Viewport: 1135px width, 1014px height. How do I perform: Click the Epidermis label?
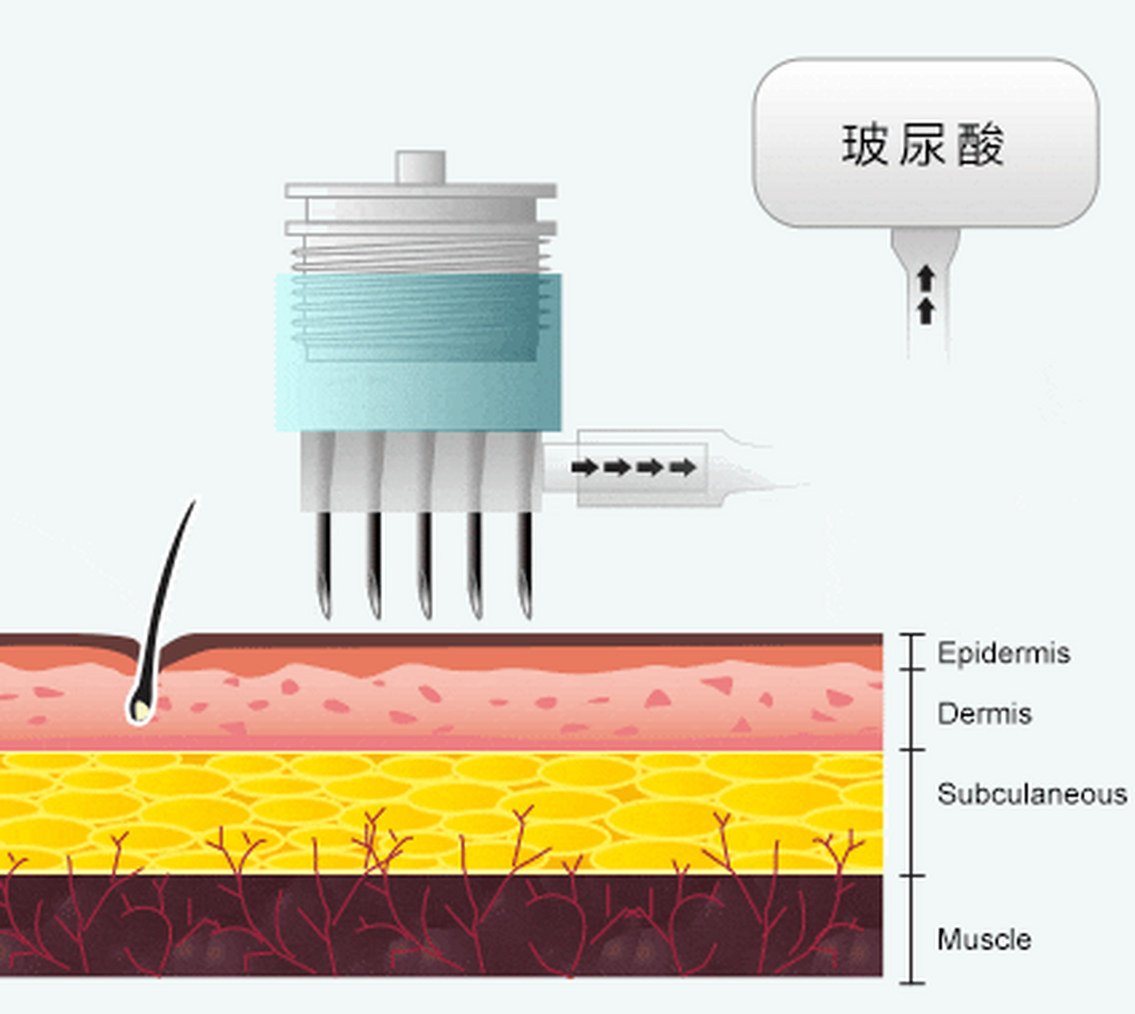[x=1003, y=653]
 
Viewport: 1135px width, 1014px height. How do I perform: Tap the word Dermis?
[x=984, y=714]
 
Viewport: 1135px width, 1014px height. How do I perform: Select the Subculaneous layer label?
[x=1032, y=794]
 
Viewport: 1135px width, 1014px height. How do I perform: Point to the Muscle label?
[x=984, y=940]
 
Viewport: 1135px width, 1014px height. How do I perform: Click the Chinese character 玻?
[x=865, y=145]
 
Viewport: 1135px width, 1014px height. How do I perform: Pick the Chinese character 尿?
[x=922, y=145]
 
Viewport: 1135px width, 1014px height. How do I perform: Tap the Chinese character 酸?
[x=980, y=145]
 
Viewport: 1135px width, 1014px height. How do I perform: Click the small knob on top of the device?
[x=420, y=166]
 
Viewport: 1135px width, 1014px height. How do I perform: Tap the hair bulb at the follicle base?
[x=140, y=711]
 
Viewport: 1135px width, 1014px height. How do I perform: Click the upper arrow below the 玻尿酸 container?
[x=926, y=279]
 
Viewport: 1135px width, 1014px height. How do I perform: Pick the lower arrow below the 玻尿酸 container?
[x=926, y=311]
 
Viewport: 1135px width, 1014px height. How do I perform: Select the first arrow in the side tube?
[x=585, y=467]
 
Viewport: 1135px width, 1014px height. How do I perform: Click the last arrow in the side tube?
[x=682, y=467]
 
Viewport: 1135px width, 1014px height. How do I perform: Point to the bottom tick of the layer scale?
[x=912, y=983]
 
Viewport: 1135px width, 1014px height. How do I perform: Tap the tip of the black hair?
[x=194, y=501]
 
